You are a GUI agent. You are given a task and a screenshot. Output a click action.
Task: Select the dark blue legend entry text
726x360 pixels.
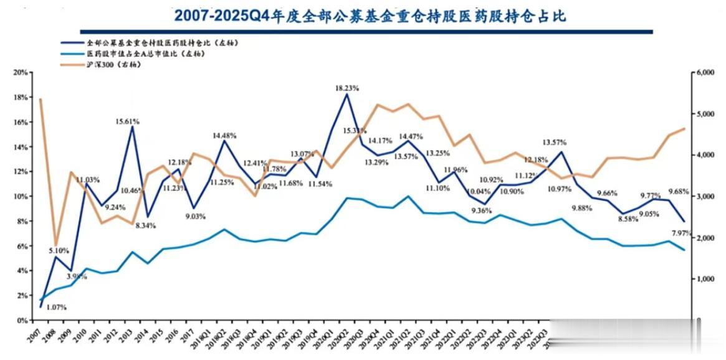[x=163, y=43]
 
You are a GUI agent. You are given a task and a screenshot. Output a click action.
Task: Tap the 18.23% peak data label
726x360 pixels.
[x=347, y=88]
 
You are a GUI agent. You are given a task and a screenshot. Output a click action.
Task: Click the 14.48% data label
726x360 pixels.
[x=225, y=135]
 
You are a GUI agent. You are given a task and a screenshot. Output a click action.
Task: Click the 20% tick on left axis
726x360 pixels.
[x=20, y=72]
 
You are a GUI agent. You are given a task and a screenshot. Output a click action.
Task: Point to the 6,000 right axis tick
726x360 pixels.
[x=707, y=72]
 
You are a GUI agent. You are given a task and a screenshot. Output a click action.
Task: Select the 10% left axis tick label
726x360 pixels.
[x=20, y=196]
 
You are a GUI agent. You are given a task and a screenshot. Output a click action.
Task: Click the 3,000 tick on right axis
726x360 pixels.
[x=707, y=196]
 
